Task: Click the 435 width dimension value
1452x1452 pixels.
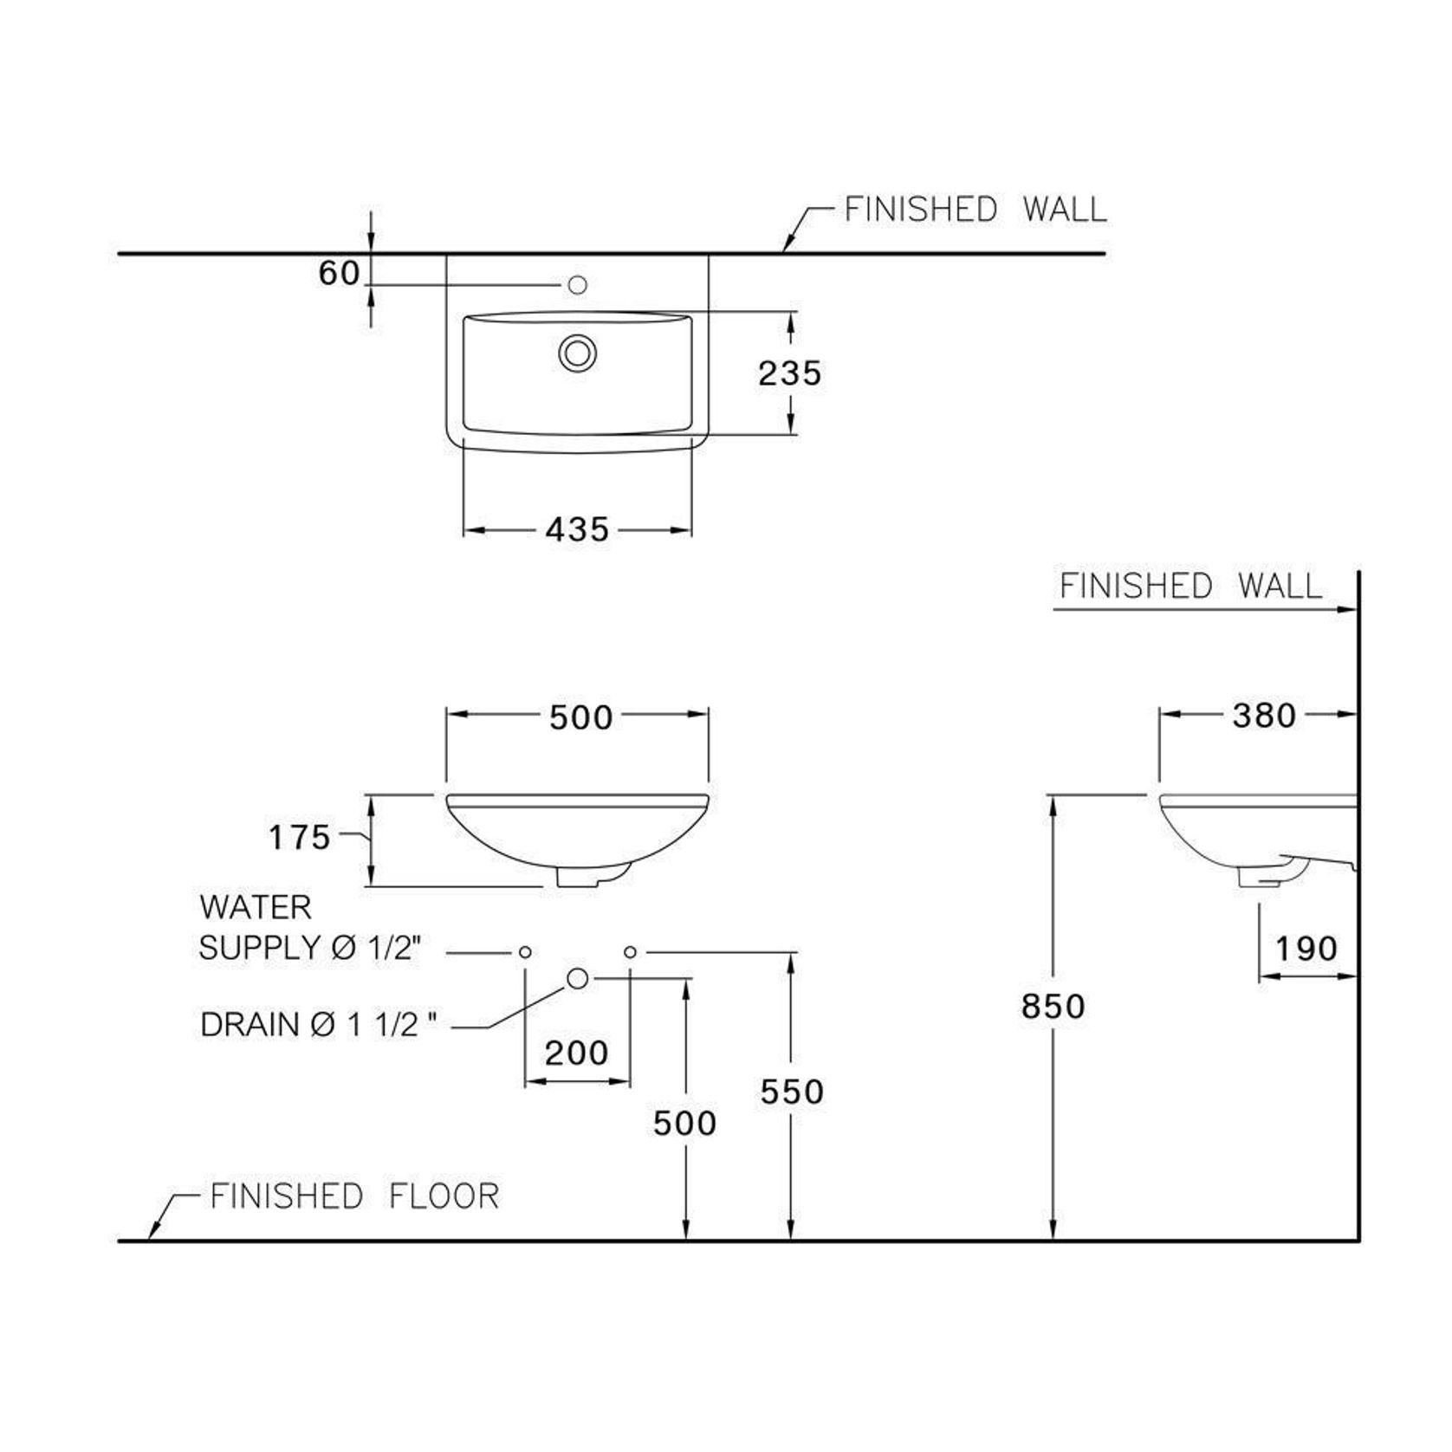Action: click(x=577, y=529)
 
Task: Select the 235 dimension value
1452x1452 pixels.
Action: click(x=789, y=373)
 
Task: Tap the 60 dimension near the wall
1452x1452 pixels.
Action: click(x=340, y=274)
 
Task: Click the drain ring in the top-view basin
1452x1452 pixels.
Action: click(x=577, y=353)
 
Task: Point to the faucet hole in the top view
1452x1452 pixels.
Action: click(x=578, y=284)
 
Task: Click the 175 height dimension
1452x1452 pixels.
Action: click(x=300, y=838)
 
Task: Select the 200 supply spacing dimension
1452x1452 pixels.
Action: click(x=577, y=1053)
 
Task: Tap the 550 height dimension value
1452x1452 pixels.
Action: click(x=792, y=1092)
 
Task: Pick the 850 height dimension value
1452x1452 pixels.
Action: click(x=1053, y=1006)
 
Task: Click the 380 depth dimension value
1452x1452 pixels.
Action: click(x=1264, y=716)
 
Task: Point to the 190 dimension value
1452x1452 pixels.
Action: click(x=1306, y=949)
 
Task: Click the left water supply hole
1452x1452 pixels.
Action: click(x=525, y=952)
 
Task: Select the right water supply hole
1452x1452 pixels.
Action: click(x=630, y=952)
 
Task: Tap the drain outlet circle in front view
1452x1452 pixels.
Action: click(x=577, y=979)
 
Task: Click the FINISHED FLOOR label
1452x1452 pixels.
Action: click(x=355, y=1196)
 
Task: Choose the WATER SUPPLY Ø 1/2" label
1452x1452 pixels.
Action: click(x=310, y=928)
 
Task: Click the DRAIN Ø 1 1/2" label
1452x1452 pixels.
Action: click(x=319, y=1025)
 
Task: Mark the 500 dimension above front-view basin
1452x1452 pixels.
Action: click(x=580, y=717)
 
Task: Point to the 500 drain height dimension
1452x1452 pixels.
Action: click(x=684, y=1123)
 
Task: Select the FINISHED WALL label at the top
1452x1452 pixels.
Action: click(x=976, y=210)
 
